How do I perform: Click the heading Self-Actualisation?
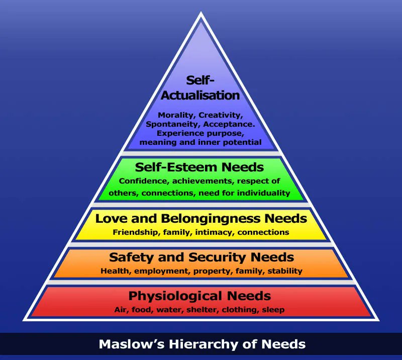[x=200, y=87]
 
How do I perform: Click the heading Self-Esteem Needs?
[x=199, y=167]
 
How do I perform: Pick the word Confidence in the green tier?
[x=142, y=181]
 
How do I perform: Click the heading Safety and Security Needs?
[x=201, y=257]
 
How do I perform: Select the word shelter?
[x=200, y=310]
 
